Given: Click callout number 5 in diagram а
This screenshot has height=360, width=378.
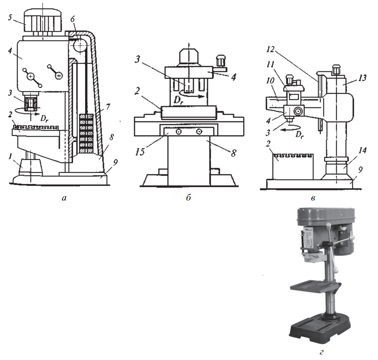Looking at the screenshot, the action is click(x=10, y=18).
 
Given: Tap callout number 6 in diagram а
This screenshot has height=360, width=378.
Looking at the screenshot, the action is click(x=73, y=19).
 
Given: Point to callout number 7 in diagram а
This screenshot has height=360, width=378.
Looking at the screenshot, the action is click(x=108, y=106).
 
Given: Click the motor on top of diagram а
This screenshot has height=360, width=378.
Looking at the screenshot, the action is click(x=43, y=22).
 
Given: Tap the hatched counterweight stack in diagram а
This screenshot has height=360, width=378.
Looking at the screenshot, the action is click(x=86, y=133).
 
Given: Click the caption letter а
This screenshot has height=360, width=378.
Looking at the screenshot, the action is click(x=64, y=198).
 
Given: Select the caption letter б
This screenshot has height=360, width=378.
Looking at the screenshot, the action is click(x=189, y=198).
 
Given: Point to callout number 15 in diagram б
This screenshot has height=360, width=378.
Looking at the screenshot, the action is click(x=140, y=152).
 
